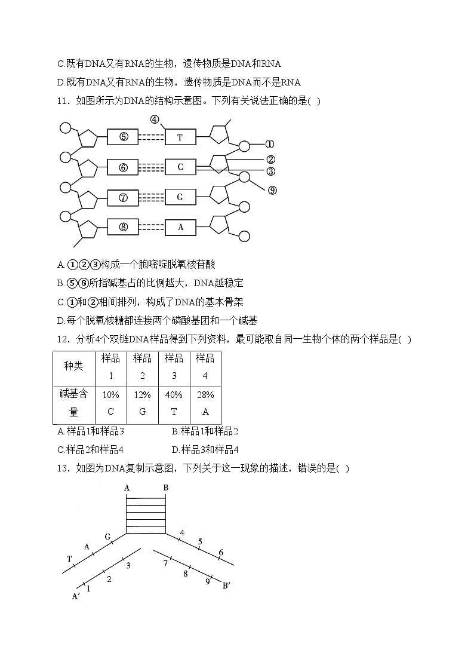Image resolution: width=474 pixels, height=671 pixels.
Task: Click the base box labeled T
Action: click(180, 137)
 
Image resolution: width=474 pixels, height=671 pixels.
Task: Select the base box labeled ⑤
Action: click(123, 137)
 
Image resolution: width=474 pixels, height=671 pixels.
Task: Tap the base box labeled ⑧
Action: click(123, 226)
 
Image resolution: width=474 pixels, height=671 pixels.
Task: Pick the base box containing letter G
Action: click(180, 197)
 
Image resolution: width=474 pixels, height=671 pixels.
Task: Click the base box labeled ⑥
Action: click(123, 167)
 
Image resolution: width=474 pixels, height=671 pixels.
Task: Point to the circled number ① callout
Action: click(270, 144)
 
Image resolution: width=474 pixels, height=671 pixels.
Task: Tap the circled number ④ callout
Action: click(155, 119)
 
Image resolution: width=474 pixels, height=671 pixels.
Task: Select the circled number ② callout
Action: click(270, 159)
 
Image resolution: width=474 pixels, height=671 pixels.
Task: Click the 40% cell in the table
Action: click(174, 395)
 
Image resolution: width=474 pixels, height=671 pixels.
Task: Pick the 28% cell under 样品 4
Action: click(205, 395)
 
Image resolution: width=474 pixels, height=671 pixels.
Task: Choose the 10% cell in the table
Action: click(110, 395)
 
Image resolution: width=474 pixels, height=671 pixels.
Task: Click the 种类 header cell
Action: click(74, 366)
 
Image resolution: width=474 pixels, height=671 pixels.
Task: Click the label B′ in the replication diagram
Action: click(226, 585)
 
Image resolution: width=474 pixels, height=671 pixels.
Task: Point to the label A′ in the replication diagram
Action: click(76, 596)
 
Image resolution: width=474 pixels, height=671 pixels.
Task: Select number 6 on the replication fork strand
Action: click(220, 553)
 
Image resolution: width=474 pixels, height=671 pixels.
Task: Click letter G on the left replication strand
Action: click(108, 537)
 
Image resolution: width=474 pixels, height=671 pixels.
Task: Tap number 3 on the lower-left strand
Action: click(128, 565)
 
